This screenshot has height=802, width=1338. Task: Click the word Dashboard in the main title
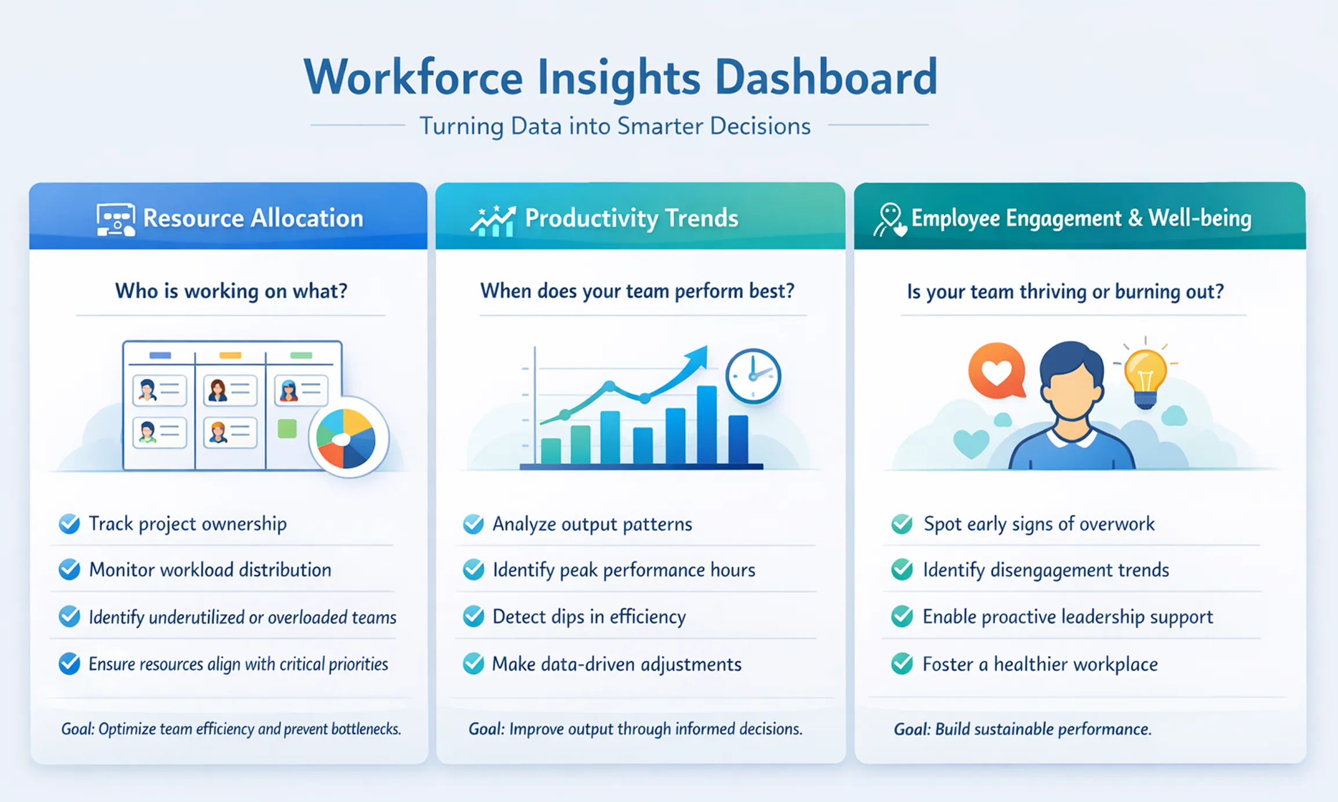point(826,77)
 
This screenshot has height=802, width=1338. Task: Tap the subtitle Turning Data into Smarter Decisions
point(615,126)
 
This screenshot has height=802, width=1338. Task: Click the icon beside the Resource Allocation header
point(116,220)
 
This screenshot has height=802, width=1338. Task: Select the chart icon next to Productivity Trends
point(493,221)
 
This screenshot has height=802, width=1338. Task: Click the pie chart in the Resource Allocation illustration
point(346,438)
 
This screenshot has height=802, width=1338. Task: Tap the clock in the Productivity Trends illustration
point(754,376)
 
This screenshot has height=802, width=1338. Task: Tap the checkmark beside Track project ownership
point(70,524)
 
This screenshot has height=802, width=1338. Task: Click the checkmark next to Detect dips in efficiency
point(474,617)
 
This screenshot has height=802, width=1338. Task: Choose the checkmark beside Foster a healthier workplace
point(902,664)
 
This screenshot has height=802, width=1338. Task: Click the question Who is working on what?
point(231,291)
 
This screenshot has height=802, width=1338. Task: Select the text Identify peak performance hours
point(624,570)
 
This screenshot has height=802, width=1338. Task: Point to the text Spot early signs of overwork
point(1039,524)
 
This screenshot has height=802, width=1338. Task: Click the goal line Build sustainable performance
point(1022,729)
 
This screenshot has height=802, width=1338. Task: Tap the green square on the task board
point(287,429)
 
